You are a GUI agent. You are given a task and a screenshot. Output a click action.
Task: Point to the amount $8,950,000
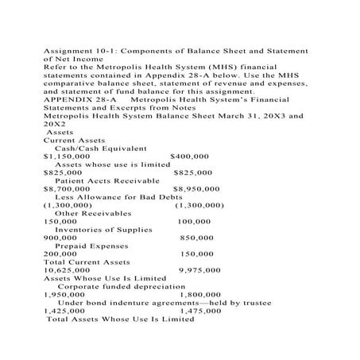[x=196, y=188]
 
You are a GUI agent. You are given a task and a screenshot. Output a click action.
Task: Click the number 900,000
[x=60, y=237]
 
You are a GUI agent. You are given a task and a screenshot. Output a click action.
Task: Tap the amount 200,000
[x=60, y=254]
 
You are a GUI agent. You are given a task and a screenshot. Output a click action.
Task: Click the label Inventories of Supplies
[x=103, y=229]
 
